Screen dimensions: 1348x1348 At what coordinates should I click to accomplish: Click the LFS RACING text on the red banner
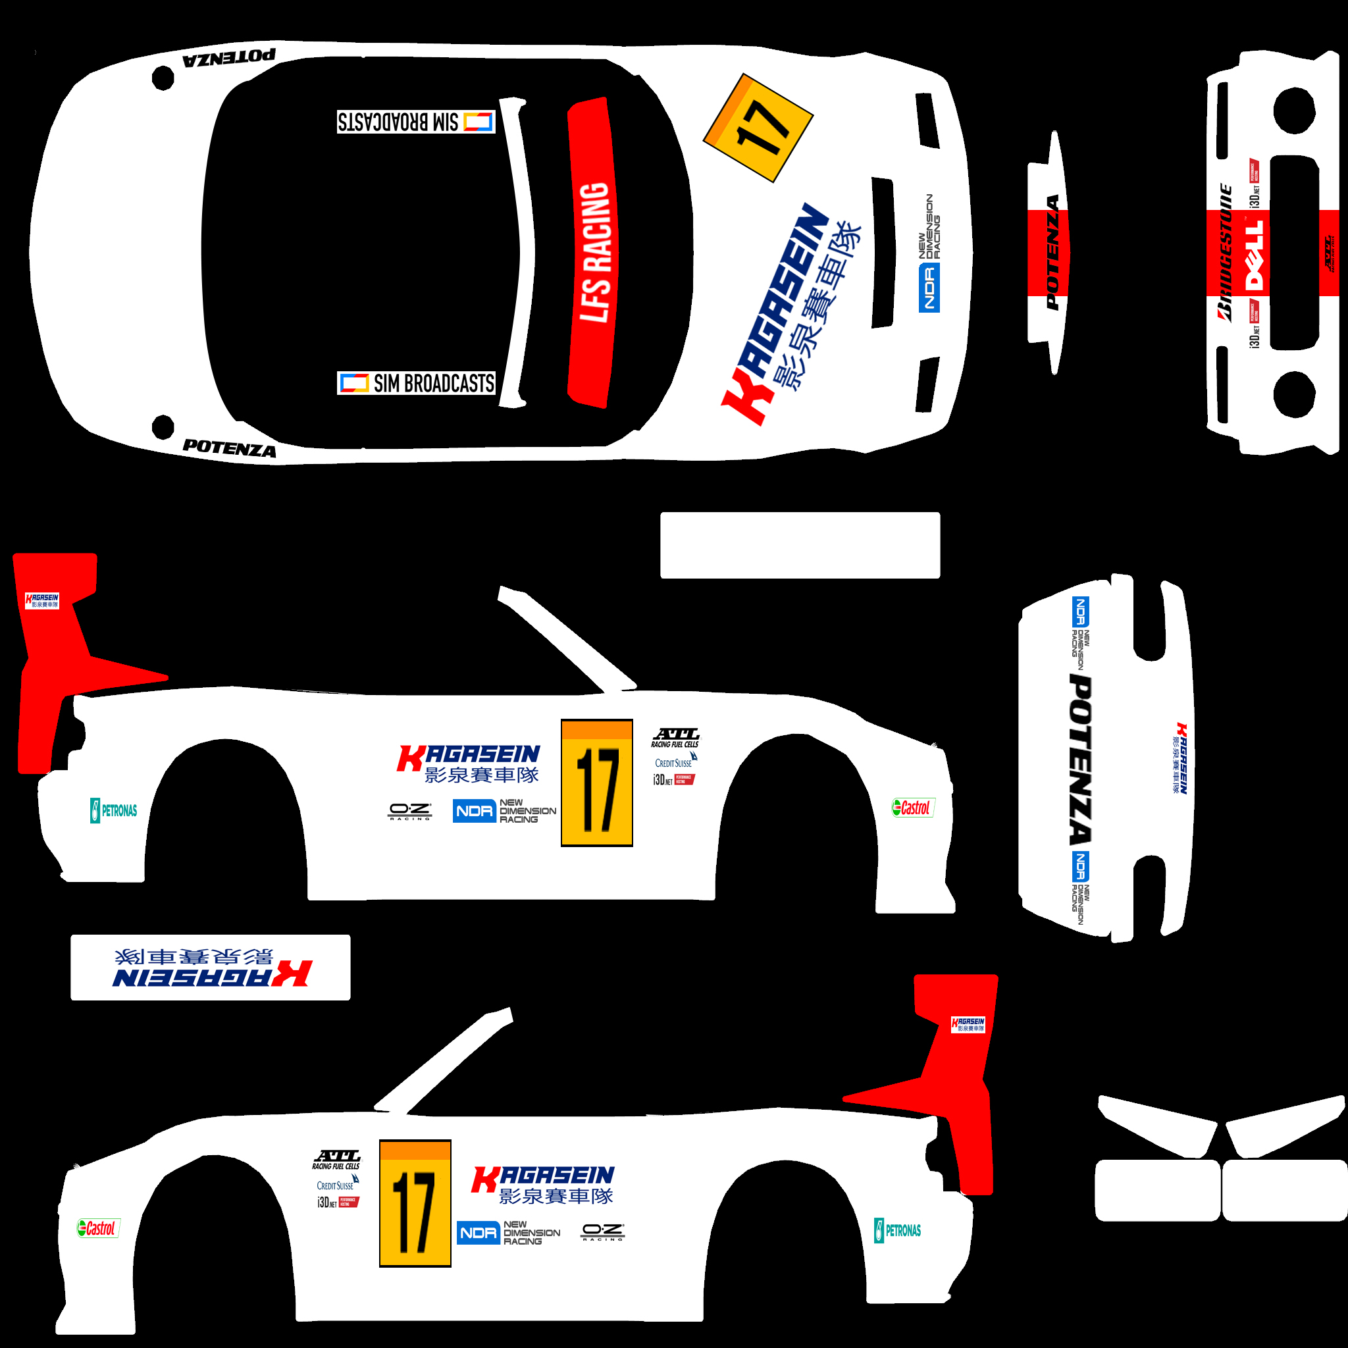(594, 252)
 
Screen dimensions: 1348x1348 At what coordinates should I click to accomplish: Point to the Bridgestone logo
(1225, 252)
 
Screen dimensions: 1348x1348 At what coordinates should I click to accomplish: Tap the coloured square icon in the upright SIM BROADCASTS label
(353, 383)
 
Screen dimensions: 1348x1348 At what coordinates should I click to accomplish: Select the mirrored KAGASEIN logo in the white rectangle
(211, 968)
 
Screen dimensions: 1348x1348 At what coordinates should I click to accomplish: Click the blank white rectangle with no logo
(800, 545)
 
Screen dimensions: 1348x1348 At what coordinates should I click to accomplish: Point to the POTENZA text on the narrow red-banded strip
(1052, 253)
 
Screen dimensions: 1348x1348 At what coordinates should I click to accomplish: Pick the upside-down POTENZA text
(229, 58)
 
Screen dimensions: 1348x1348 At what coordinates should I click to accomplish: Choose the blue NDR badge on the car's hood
(929, 288)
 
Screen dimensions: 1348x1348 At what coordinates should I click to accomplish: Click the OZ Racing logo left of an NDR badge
(409, 811)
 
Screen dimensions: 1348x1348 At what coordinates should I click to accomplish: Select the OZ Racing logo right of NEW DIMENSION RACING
(603, 1232)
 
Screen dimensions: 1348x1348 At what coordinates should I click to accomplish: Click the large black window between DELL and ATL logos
(1294, 252)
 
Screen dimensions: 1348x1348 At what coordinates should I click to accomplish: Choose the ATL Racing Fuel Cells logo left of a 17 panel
(336, 1160)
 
